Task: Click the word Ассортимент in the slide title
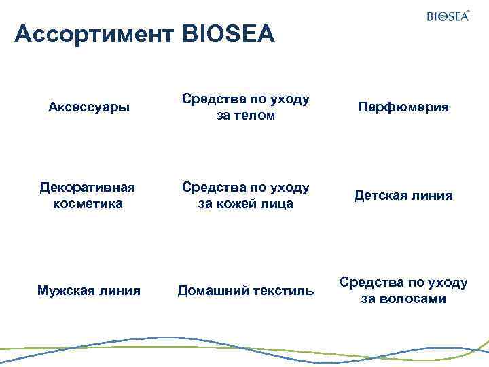pos(95,34)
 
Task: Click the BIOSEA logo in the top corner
pos(447,16)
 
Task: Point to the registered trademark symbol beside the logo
pos(469,10)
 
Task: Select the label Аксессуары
pos(90,107)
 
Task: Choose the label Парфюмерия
pos(403,107)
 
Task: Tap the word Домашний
pos(210,291)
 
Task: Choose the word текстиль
pos(280,291)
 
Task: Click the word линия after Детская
pos(432,196)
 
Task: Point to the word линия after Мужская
pos(120,291)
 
